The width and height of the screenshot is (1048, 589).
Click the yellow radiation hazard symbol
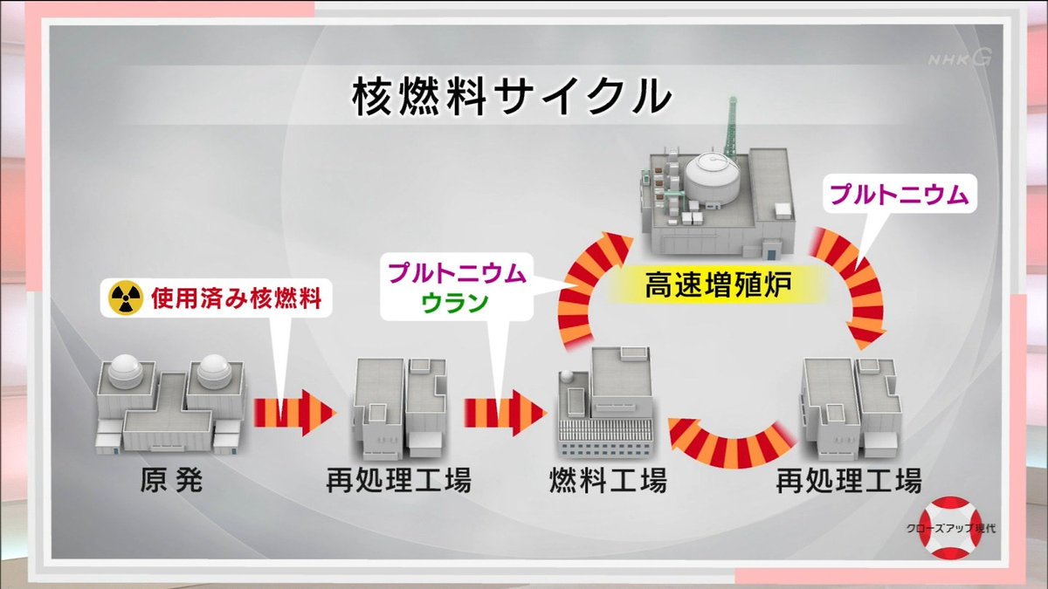pyautogui.click(x=125, y=299)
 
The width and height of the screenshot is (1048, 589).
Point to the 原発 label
pyautogui.click(x=170, y=481)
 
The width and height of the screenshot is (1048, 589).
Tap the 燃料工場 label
pyautogui.click(x=608, y=481)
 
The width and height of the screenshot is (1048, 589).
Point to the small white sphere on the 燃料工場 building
pyautogui.click(x=568, y=376)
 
